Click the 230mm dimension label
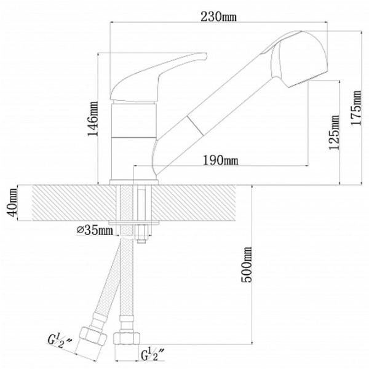pos(218,17)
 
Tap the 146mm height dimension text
pos(93,119)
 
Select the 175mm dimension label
pos(356,108)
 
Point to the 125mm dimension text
pos(334,132)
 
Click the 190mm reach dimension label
pos(221,161)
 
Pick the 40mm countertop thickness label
pos(12,202)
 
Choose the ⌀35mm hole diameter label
pos(95,230)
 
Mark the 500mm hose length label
pos(247,264)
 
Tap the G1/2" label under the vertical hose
pos(153,354)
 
